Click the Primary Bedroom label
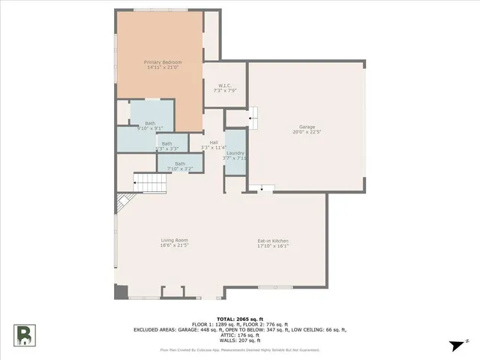(163, 62)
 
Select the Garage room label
(307, 127)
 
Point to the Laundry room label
(235, 152)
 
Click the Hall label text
(214, 142)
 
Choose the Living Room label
(173, 240)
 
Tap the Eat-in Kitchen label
(273, 240)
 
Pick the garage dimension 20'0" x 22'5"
(307, 132)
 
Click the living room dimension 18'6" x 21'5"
(173, 245)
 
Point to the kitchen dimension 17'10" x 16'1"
(273, 245)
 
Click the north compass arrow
(455, 344)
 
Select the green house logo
(25, 335)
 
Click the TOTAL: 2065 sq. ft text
(240, 319)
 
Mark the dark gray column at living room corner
(121, 292)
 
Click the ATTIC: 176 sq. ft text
(240, 334)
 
